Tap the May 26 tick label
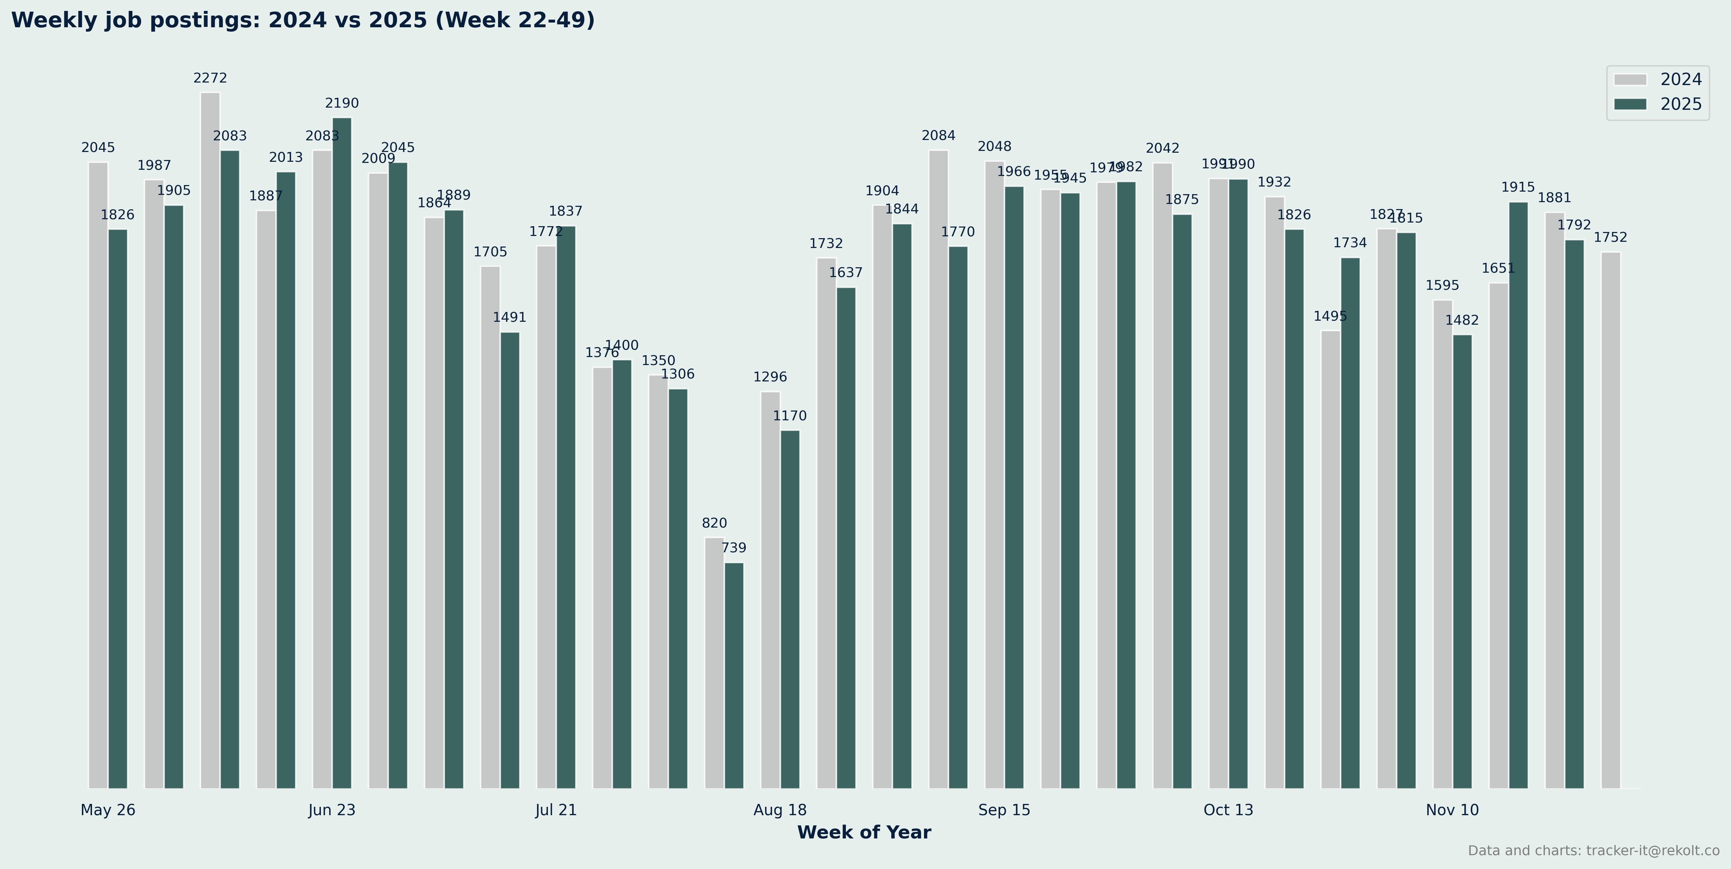[x=108, y=810]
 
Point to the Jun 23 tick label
[x=332, y=810]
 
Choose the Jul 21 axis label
[x=556, y=810]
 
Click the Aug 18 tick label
[x=780, y=810]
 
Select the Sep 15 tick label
[x=1004, y=810]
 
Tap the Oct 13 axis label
[x=1228, y=810]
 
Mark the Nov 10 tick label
[x=1452, y=810]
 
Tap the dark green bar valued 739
[x=734, y=675]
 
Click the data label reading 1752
[x=1610, y=238]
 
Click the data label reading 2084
[x=938, y=136]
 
